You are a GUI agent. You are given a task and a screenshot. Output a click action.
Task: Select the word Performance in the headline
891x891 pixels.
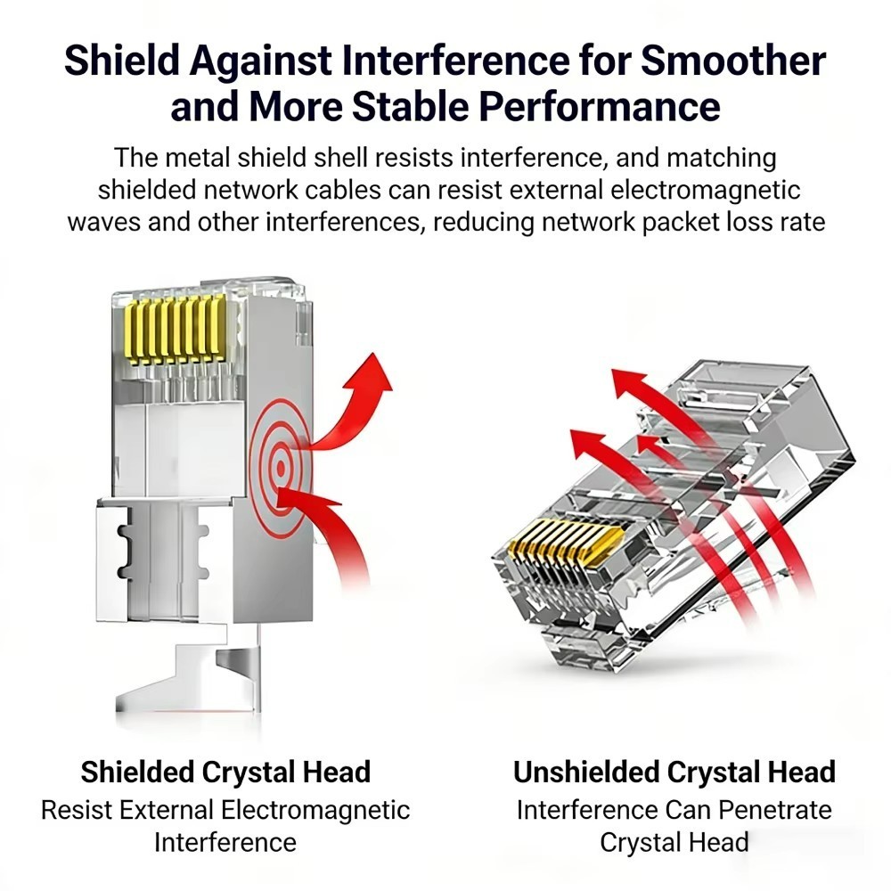point(600,106)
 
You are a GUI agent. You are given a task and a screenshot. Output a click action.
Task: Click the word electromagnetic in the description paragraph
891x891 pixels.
point(705,191)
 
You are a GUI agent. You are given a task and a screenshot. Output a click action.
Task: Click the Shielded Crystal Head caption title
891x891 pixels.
point(225,772)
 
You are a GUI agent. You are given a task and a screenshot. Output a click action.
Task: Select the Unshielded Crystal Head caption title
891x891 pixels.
point(674,772)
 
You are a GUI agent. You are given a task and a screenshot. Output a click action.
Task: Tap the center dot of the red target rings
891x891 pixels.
point(281,468)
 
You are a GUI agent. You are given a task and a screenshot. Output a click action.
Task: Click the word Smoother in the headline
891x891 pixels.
point(733,60)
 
